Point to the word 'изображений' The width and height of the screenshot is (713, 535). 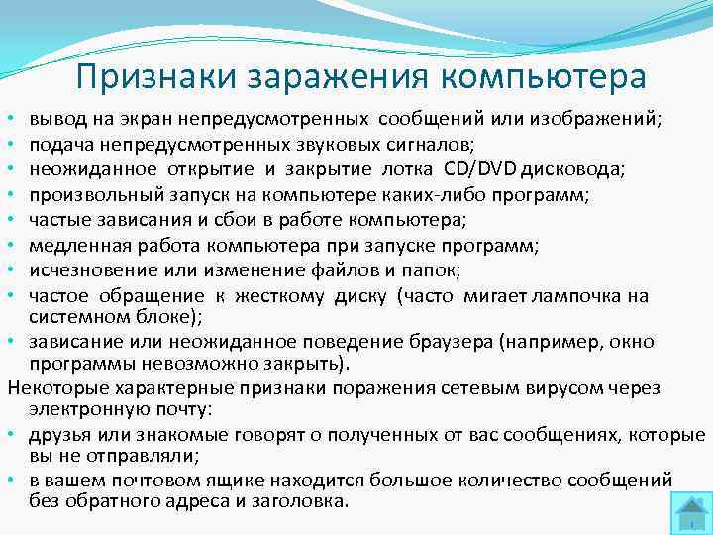(600, 119)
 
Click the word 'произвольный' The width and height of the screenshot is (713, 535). (83, 193)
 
